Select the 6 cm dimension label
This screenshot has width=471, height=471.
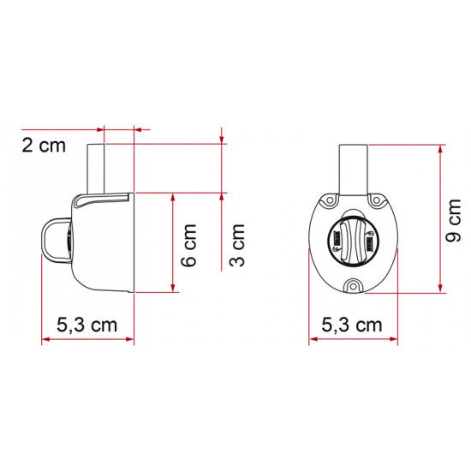pyautogui.click(x=189, y=244)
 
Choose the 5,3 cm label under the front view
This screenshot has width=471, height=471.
pyautogui.click(x=352, y=325)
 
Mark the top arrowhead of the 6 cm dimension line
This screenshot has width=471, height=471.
pyautogui.click(x=174, y=197)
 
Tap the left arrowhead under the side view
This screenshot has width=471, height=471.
pyautogui.click(x=45, y=340)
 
